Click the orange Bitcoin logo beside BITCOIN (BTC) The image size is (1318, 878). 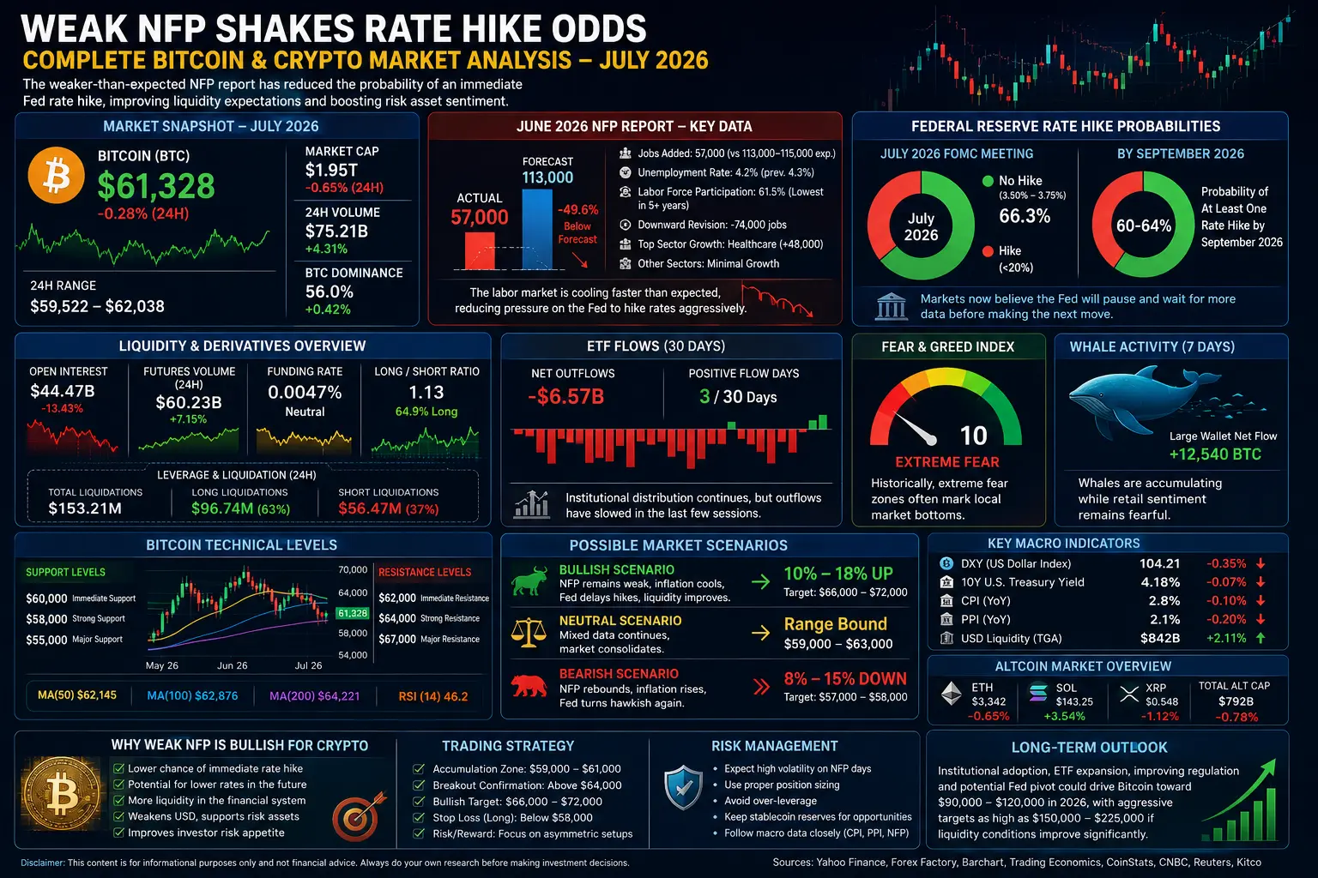click(57, 175)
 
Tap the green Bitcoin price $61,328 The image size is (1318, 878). click(156, 186)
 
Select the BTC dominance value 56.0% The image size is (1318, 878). click(329, 292)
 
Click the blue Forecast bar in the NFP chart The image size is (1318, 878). click(537, 229)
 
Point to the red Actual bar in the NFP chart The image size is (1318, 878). click(480, 251)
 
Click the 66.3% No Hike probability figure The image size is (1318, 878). click(1025, 216)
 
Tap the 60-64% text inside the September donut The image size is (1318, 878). click(1144, 226)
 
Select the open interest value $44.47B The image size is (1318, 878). click(63, 391)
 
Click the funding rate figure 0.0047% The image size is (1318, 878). click(305, 392)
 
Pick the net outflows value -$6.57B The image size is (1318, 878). click(566, 397)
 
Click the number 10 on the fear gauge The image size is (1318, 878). click(973, 436)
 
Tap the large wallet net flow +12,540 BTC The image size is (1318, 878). click(1215, 454)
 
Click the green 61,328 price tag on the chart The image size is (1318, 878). click(352, 613)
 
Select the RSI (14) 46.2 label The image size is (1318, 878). click(433, 696)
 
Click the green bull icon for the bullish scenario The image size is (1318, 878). click(529, 581)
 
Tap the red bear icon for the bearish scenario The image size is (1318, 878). click(529, 686)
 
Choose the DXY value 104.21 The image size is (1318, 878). click(1159, 563)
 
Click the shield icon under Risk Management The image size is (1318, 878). click(683, 787)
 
